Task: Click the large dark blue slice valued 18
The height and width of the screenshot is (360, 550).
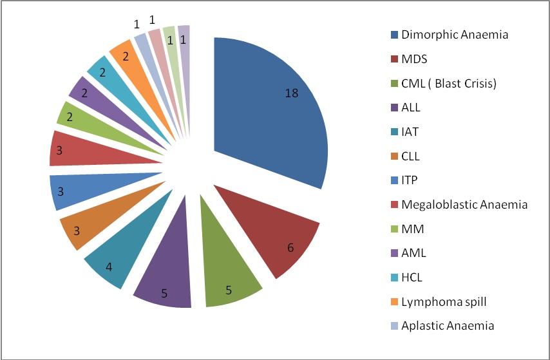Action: [x=270, y=109]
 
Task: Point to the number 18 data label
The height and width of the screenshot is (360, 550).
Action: [x=291, y=93]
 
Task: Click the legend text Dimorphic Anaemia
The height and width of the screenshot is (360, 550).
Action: [x=454, y=35]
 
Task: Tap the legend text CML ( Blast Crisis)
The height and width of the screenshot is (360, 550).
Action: [x=448, y=83]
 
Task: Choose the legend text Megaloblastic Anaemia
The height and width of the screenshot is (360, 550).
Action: [x=464, y=204]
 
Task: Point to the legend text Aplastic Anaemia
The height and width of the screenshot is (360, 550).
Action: [x=448, y=325]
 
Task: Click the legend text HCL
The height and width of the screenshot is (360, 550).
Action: [x=412, y=277]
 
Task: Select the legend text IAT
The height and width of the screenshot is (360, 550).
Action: [x=410, y=131]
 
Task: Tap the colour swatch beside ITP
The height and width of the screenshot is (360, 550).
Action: [x=392, y=180]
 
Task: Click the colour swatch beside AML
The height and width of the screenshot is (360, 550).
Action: [x=392, y=253]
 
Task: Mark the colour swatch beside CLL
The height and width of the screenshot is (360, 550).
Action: [x=392, y=156]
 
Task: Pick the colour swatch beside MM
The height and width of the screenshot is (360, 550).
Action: [x=392, y=229]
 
